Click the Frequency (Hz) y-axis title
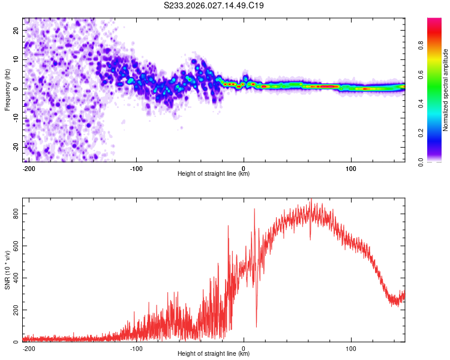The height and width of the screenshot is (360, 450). [7, 89]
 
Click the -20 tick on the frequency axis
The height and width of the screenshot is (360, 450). [16, 147]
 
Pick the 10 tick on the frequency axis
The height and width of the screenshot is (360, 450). [17, 59]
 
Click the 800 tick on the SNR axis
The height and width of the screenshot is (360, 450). [14, 214]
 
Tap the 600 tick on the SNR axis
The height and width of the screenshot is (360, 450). [14, 245]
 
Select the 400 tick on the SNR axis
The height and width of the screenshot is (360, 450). [14, 278]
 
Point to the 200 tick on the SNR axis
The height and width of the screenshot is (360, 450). [14, 310]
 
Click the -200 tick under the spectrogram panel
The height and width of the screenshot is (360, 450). [28, 168]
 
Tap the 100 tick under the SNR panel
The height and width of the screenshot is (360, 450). [350, 348]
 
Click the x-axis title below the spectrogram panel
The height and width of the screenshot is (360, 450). [214, 174]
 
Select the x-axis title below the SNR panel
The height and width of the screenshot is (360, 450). [214, 354]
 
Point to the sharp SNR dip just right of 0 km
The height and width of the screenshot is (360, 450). [256, 326]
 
